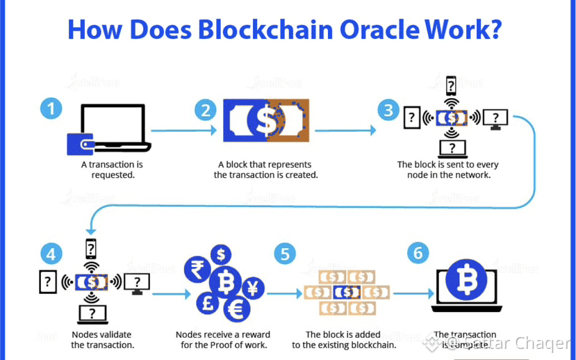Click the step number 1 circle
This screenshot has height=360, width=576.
51,109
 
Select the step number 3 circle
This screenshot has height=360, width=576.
388,110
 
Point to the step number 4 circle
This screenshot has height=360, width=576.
51,252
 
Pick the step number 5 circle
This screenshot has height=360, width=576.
285,253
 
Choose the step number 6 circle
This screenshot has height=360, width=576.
418,252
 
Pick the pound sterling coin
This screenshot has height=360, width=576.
206,304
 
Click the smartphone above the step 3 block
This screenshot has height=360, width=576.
452,86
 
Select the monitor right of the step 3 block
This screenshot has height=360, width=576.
495,118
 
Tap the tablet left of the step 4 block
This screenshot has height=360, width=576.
47,281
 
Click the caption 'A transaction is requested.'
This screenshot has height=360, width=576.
113,170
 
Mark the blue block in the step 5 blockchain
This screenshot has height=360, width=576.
346,292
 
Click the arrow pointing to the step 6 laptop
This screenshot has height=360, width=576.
413,293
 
